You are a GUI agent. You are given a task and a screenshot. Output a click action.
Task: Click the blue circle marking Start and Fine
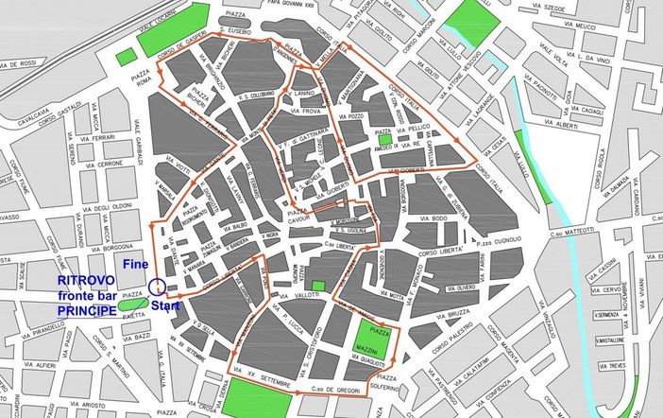[157, 287]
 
